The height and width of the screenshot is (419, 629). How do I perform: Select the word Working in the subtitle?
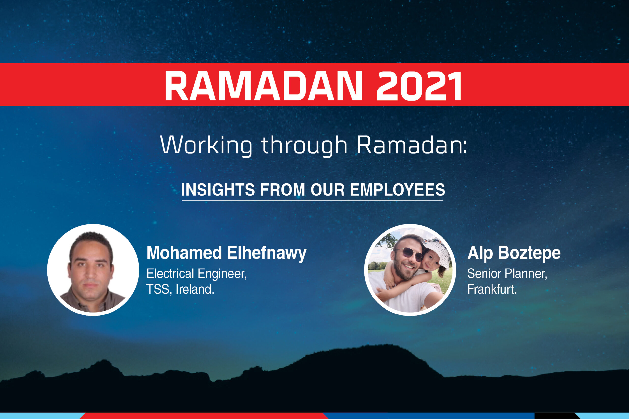206,145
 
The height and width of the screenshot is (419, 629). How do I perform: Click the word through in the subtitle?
304,145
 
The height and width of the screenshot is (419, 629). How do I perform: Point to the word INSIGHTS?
218,190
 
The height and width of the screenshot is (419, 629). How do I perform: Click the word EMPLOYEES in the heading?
397,190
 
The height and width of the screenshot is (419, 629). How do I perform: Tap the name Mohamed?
184,253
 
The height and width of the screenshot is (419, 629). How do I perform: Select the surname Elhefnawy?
267,253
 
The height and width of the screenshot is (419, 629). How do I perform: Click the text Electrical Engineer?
197,273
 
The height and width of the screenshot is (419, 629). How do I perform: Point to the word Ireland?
195,289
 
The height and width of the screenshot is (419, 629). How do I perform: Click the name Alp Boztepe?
514,253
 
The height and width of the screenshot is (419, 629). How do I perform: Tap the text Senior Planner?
507,273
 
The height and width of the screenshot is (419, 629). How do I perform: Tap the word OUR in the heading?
327,190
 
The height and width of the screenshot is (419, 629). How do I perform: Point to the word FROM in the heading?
283,190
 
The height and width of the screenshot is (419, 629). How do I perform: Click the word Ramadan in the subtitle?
411,145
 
